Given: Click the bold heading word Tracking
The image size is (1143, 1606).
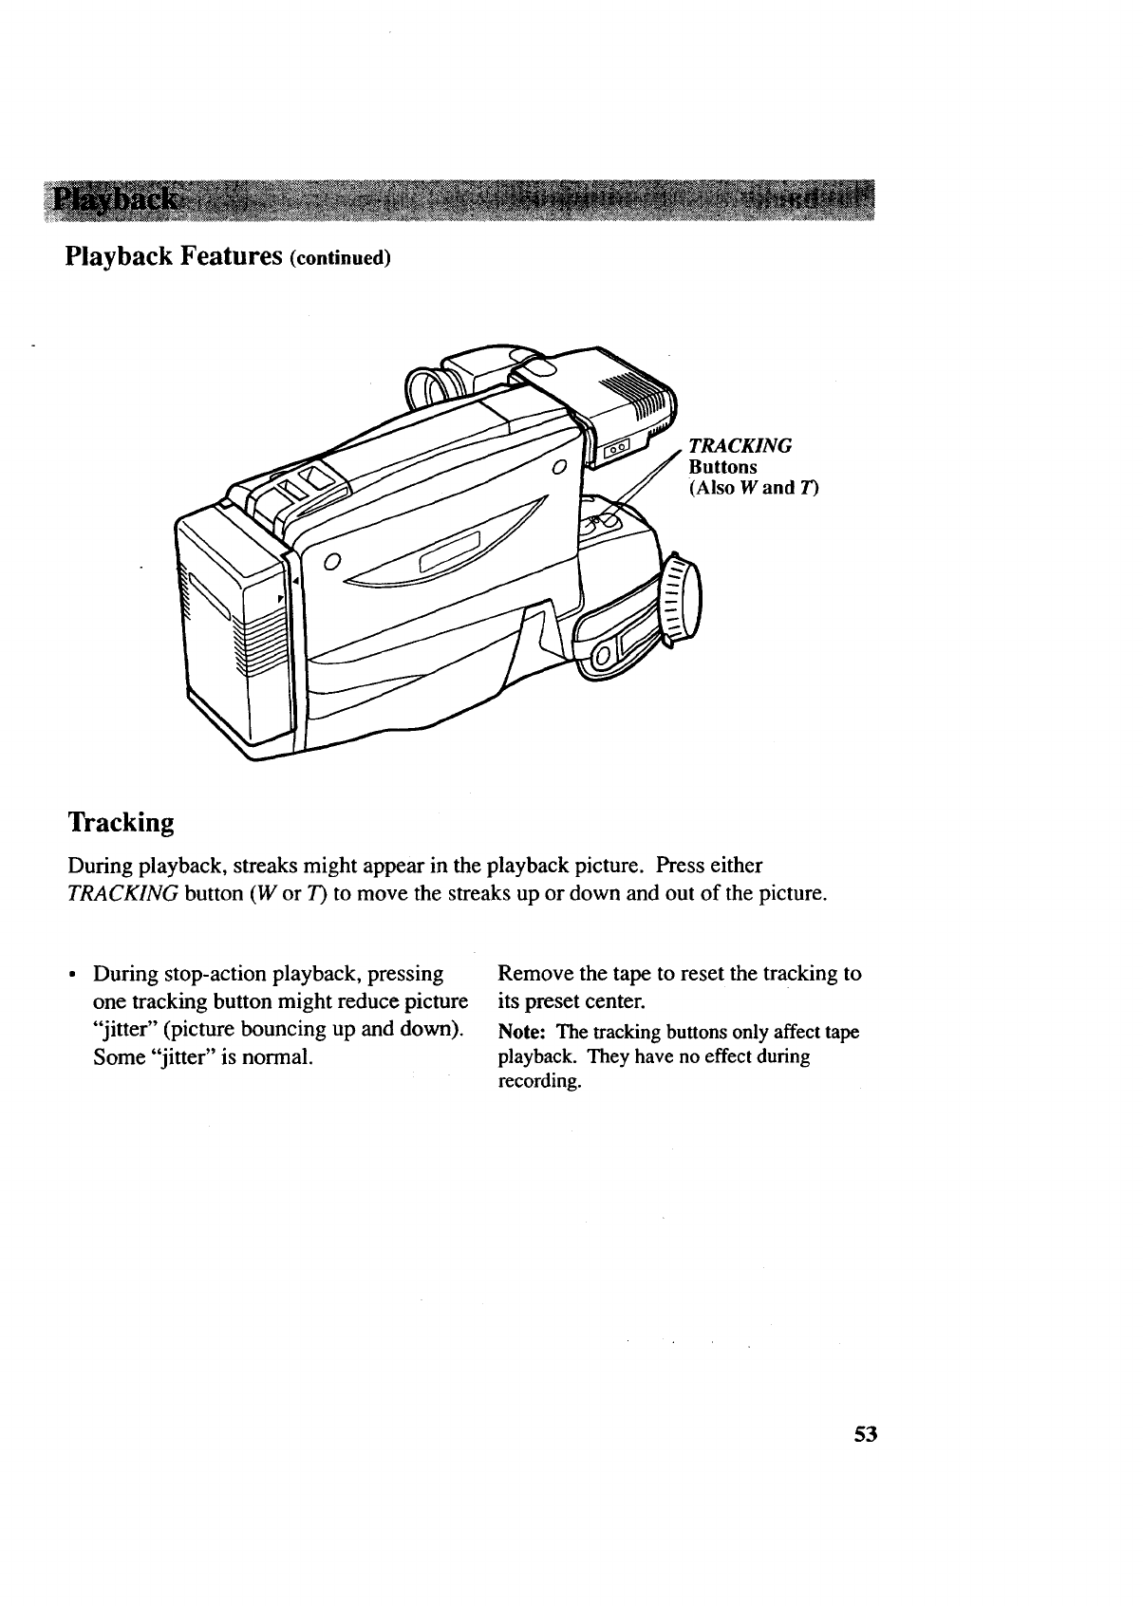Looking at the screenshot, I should [x=121, y=822].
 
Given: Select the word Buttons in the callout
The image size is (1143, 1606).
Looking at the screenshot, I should [x=722, y=467].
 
